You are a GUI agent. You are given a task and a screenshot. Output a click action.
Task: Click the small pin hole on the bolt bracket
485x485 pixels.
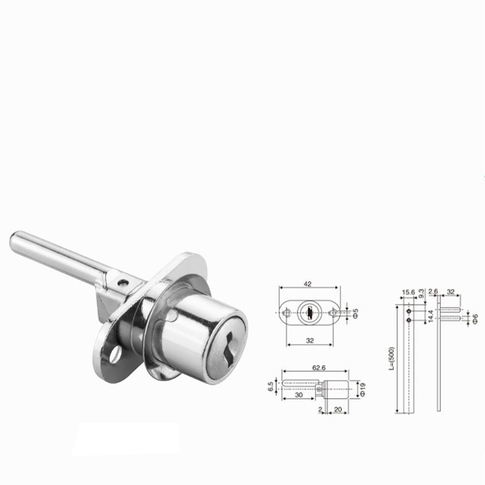tap(123, 282)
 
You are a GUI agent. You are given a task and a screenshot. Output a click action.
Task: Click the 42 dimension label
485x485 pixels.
tap(308, 283)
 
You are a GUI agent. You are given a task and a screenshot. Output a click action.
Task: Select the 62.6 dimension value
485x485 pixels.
tap(319, 368)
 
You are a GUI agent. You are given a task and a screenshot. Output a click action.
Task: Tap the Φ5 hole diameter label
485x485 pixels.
tap(355, 313)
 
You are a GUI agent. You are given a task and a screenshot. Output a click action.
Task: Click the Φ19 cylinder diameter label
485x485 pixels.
tap(362, 389)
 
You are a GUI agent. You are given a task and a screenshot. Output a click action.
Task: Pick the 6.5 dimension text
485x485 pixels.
tap(271, 387)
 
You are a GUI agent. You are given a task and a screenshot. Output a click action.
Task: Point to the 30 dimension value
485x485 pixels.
tap(299, 395)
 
